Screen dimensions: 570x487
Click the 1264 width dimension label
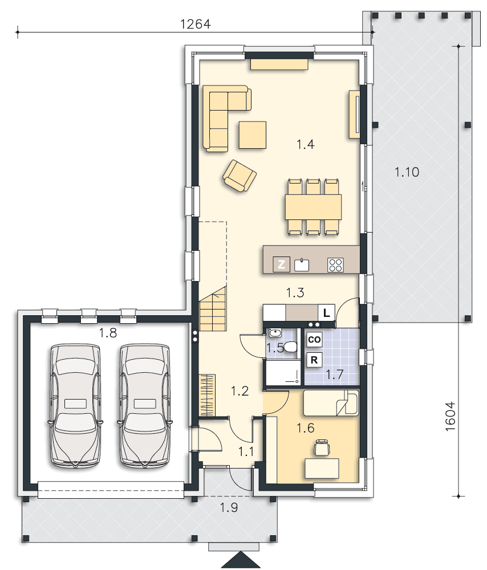pyautogui.click(x=195, y=24)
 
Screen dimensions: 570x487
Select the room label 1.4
pyautogui.click(x=306, y=144)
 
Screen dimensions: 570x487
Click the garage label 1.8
pyautogui.click(x=108, y=333)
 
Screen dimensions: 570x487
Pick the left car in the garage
pyautogui.click(x=76, y=405)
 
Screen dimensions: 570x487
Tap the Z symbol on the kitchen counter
pyautogui.click(x=281, y=264)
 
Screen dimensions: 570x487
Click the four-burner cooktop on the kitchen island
pyautogui.click(x=335, y=264)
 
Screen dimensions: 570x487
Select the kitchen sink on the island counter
pyautogui.click(x=302, y=264)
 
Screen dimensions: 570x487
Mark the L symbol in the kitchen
pyautogui.click(x=326, y=312)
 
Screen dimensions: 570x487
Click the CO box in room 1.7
pyautogui.click(x=314, y=340)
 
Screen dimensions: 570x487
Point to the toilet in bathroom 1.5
pyautogui.click(x=291, y=346)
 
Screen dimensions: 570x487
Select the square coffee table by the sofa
pyautogui.click(x=253, y=135)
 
